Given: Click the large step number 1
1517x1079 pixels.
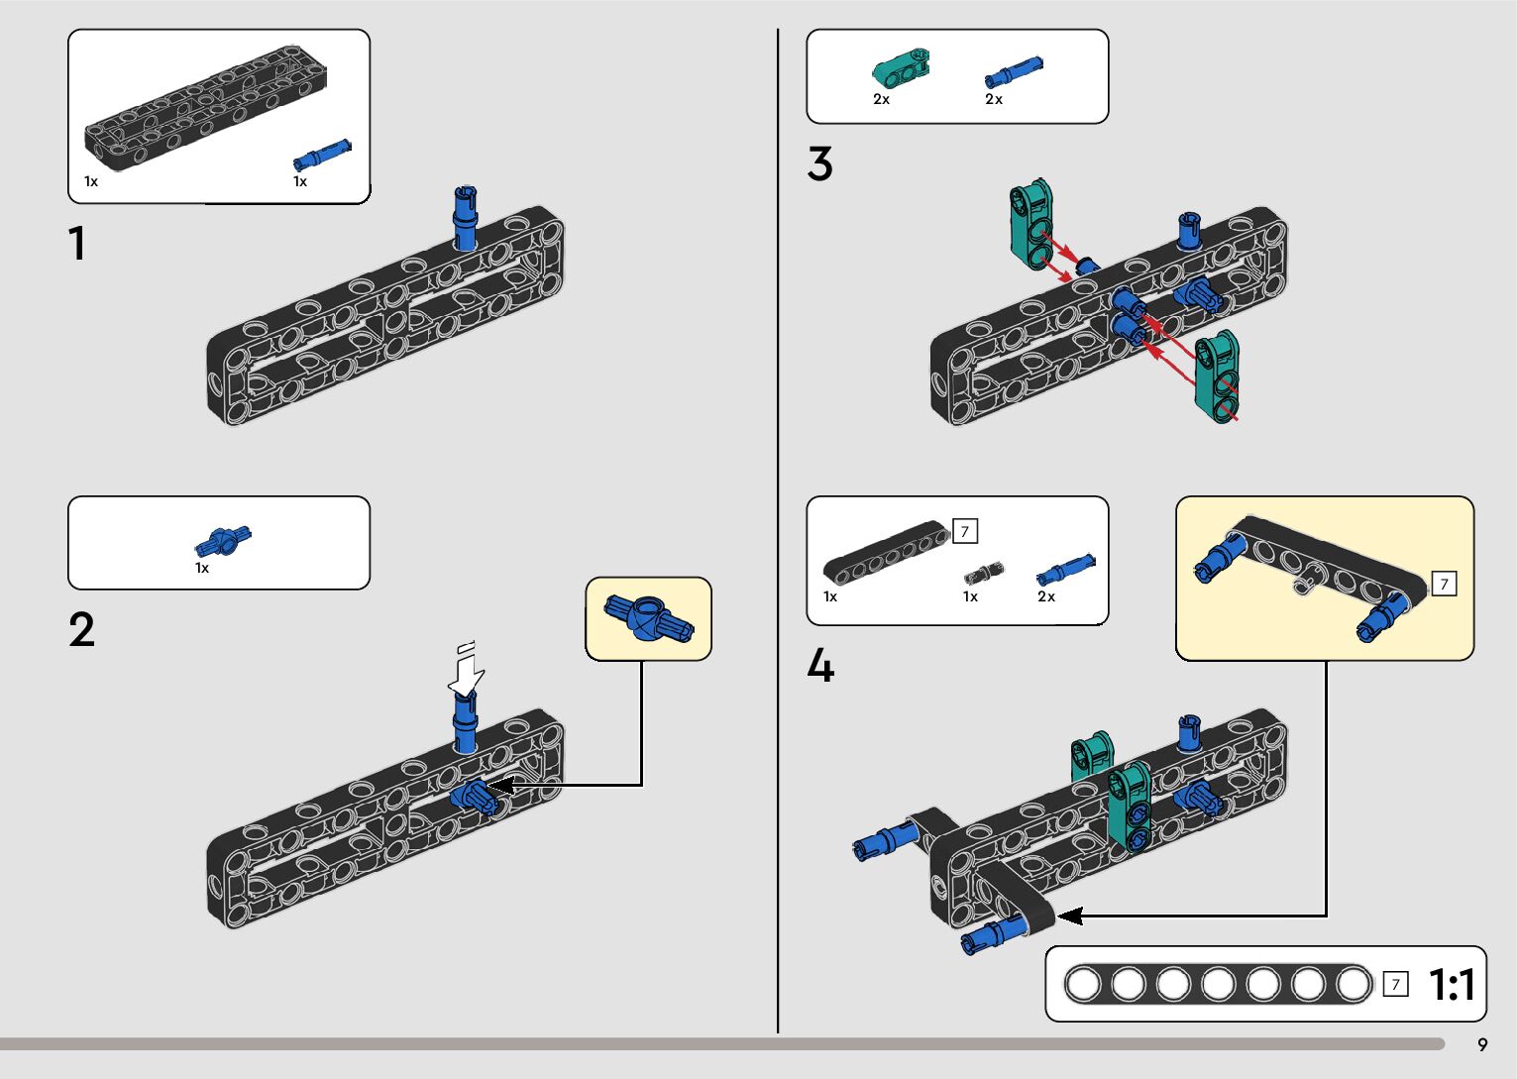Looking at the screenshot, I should tap(77, 244).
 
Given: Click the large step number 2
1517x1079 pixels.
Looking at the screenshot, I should tap(82, 630).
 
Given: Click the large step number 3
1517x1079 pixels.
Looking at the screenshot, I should tap(819, 164).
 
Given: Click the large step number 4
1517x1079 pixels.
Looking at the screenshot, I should tap(820, 666).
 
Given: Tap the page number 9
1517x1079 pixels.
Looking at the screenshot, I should tap(1482, 1044).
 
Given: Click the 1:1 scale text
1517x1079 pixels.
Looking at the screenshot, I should tap(1452, 985).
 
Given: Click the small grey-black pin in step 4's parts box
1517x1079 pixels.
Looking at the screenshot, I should tap(984, 573).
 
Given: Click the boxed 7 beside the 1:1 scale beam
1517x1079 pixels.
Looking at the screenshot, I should tap(1395, 984).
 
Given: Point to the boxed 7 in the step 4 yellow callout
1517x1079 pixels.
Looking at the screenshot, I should tap(1444, 584).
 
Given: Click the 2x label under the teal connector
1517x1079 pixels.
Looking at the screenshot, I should tap(881, 99).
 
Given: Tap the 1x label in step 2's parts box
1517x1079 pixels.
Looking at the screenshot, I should tap(202, 568).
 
